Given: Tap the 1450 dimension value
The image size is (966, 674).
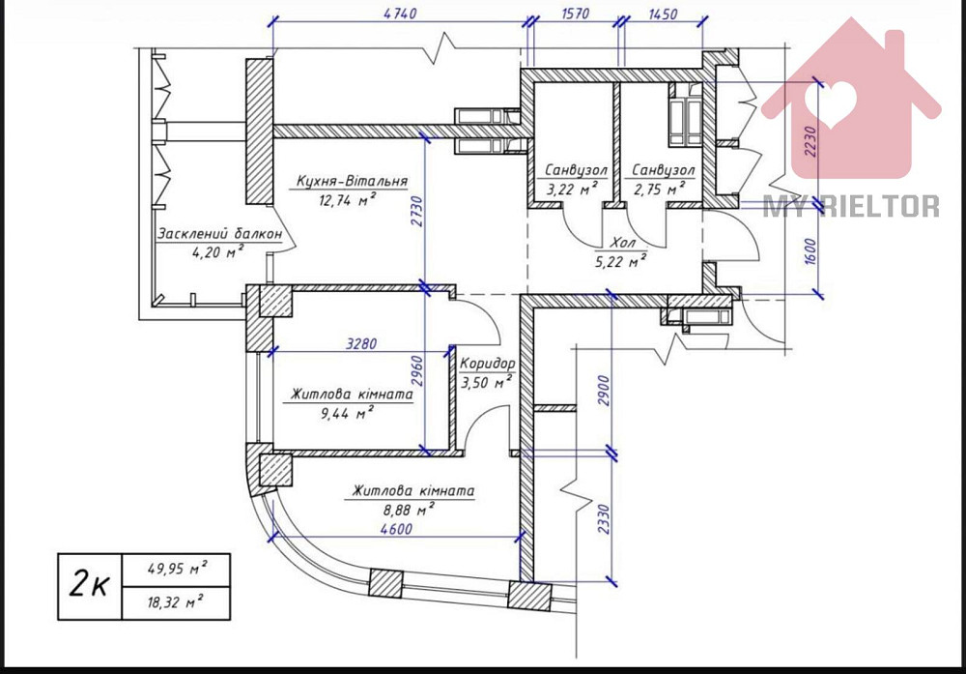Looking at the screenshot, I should tap(663, 14).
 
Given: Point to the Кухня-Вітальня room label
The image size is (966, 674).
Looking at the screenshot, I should tap(352, 181).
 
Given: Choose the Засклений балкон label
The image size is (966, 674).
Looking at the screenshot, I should tap(219, 234).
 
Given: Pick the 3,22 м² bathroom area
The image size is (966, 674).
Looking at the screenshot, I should tap(571, 189).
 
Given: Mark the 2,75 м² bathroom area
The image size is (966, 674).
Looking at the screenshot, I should tap(664, 189).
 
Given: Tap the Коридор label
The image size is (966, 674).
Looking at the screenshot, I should tap(487, 364).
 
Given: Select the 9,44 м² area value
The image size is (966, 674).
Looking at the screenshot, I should tap(346, 414).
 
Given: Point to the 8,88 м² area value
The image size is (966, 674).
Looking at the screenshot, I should tap(407, 509).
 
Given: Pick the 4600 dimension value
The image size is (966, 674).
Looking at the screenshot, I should tap(397, 529).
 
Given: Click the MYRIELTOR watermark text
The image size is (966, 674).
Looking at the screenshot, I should tap(851, 206).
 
